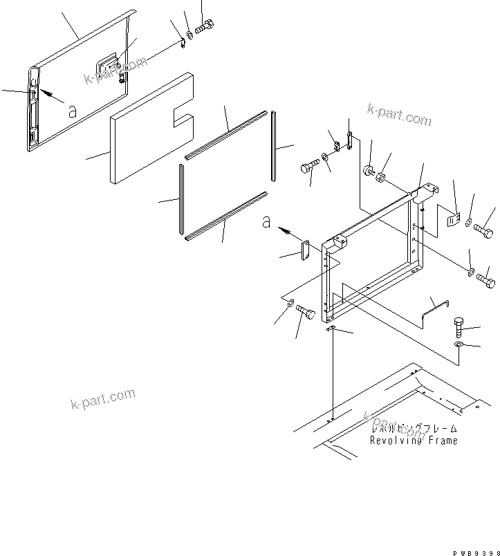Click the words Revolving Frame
pyautogui.click(x=414, y=441)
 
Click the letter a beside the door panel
pyautogui.click(x=71, y=112)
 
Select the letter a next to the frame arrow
pyautogui.click(x=266, y=222)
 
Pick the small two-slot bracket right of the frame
pyautogui.click(x=452, y=220)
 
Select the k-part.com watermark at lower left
pyautogui.click(x=102, y=399)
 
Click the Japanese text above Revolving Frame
pyautogui.click(x=414, y=429)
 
